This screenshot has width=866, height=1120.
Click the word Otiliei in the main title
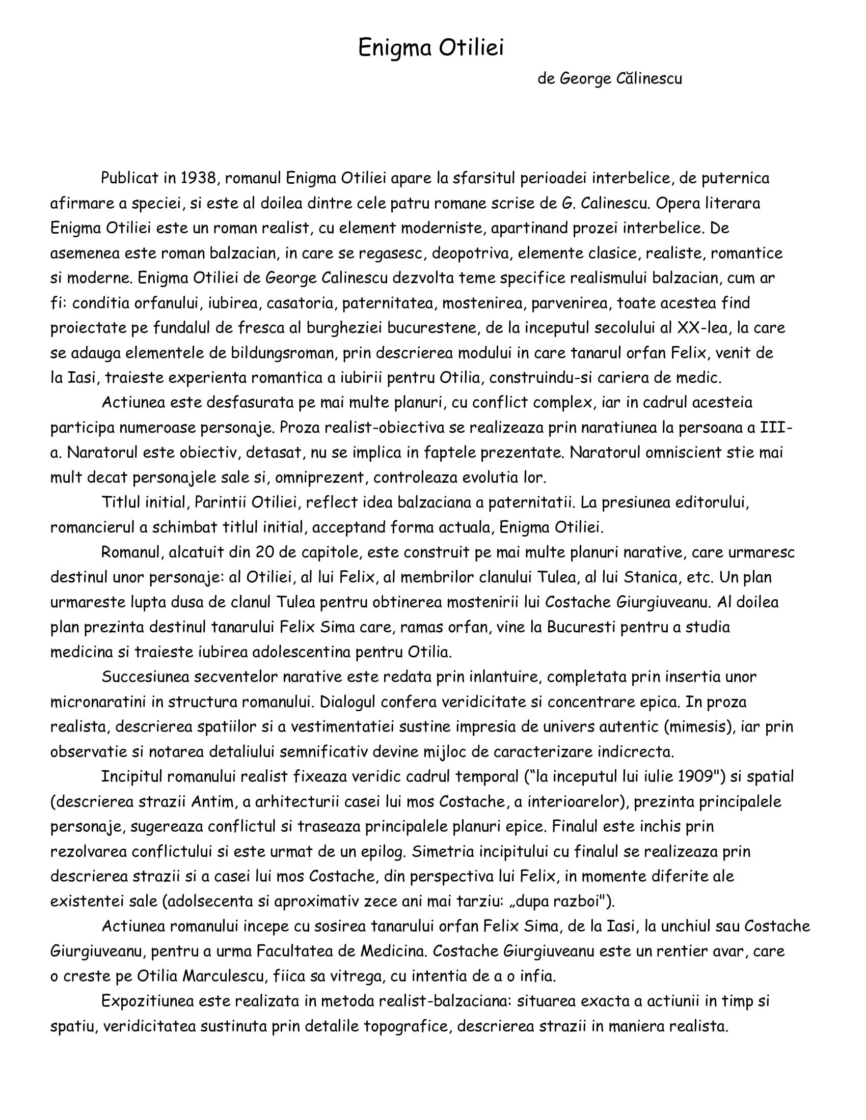coord(472,48)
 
